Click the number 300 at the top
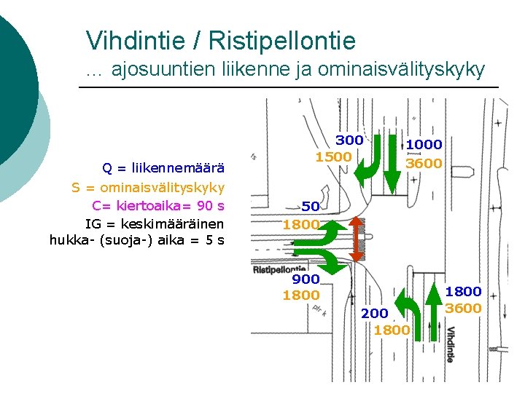click(x=349, y=140)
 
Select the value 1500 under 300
click(x=333, y=156)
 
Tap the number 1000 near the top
click(x=424, y=145)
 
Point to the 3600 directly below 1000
click(x=424, y=163)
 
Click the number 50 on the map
click(x=311, y=207)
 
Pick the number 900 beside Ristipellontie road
click(x=306, y=279)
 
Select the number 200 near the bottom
click(x=374, y=313)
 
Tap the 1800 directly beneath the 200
click(x=392, y=330)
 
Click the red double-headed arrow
click(x=356, y=239)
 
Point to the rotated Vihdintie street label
click(x=450, y=344)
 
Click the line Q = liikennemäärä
click(x=163, y=169)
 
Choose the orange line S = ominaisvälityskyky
click(x=147, y=187)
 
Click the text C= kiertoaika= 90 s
click(x=158, y=205)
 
